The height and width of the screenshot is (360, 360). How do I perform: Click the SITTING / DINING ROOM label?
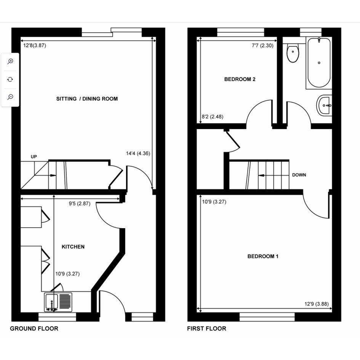click(x=87, y=99)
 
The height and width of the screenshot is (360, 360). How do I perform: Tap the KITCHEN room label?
click(x=73, y=246)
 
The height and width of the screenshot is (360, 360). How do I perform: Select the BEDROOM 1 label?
click(x=263, y=256)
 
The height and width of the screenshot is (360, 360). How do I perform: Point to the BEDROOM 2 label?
click(x=240, y=79)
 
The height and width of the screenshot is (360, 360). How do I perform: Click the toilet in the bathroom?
click(x=293, y=53)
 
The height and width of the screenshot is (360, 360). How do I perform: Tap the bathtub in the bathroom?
click(x=319, y=62)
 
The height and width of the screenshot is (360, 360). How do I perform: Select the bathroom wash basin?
click(x=324, y=106)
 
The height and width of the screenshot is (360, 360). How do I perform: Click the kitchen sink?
click(x=58, y=302)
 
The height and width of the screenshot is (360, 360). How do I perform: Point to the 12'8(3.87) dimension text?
click(x=35, y=45)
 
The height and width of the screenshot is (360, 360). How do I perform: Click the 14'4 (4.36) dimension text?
click(x=138, y=154)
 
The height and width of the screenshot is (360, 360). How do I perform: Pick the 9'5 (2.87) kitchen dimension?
click(x=80, y=203)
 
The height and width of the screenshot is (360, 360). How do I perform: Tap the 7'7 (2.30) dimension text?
click(x=262, y=45)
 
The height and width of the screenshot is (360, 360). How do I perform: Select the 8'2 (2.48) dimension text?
click(x=212, y=117)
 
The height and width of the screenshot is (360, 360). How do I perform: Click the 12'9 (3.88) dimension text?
click(x=316, y=304)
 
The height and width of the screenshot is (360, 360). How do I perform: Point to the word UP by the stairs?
click(x=34, y=157)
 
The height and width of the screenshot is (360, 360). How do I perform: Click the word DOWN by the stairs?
click(x=299, y=175)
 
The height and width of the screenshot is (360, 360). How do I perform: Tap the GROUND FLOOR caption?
click(x=34, y=328)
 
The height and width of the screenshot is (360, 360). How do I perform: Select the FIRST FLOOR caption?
click(x=206, y=328)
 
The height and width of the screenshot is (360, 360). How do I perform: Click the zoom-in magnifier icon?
click(x=10, y=61)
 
